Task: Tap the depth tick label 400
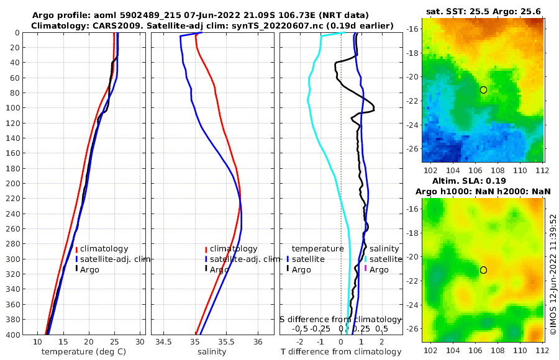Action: pos(15,335)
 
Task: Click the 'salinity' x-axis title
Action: pos(212,352)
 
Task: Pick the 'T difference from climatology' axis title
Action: pos(342,352)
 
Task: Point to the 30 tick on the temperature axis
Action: pos(140,342)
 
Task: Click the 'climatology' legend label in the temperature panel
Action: pos(104,249)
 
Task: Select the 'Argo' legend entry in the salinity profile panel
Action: pos(219,269)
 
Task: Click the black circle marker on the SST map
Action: pos(483,90)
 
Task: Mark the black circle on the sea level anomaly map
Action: pos(483,270)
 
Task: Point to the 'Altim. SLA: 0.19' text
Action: pos(483,179)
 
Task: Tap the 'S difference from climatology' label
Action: pos(342,319)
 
